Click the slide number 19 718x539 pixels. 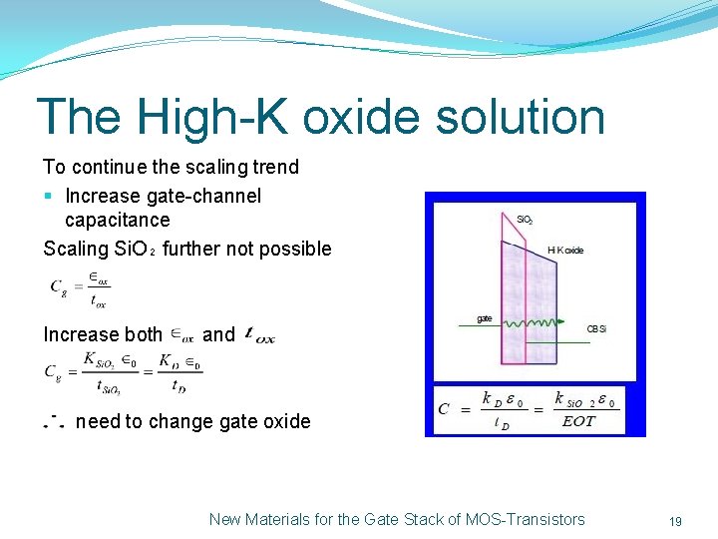pyautogui.click(x=675, y=521)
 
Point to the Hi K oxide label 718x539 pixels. pyautogui.click(x=565, y=251)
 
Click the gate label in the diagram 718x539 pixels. pyautogui.click(x=484, y=318)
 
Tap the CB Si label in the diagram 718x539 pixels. pyautogui.click(x=596, y=328)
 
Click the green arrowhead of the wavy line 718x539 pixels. pyautogui.click(x=559, y=322)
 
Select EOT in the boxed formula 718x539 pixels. pyautogui.click(x=578, y=420)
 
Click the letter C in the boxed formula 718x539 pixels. pyautogui.click(x=443, y=409)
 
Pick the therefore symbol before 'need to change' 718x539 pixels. pyautogui.click(x=53, y=421)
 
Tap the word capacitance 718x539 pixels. pyautogui.click(x=117, y=220)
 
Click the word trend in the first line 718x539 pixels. pyautogui.click(x=272, y=167)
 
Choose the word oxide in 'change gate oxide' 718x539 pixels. pyautogui.click(x=286, y=421)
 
